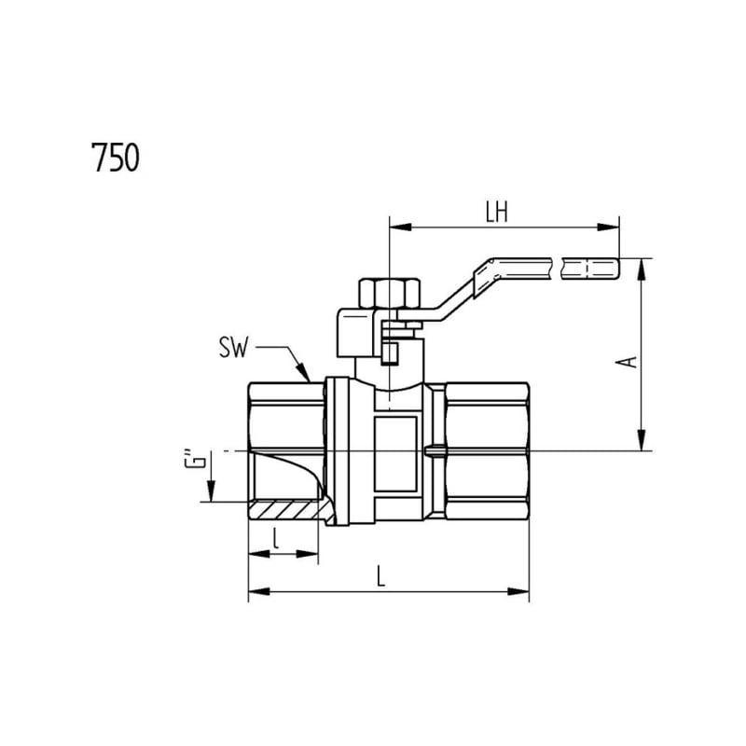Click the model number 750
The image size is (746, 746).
tap(116, 158)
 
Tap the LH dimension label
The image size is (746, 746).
tap(497, 213)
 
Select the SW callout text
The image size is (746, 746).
tap(234, 348)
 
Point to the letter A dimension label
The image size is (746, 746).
tap(626, 362)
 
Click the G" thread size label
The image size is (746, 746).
tap(195, 458)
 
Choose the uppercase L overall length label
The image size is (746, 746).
tap(380, 575)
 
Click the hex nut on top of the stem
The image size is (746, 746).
tap(389, 293)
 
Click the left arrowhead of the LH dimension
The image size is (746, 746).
tap(400, 227)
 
